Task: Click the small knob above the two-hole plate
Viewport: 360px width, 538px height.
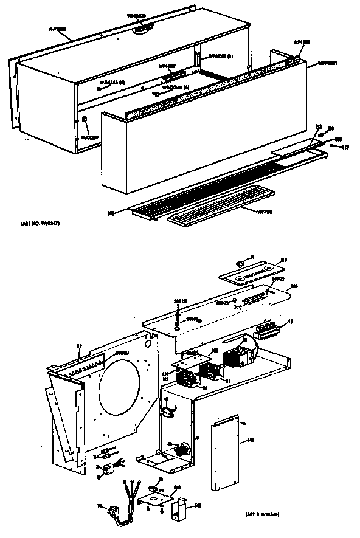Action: [238, 263]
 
